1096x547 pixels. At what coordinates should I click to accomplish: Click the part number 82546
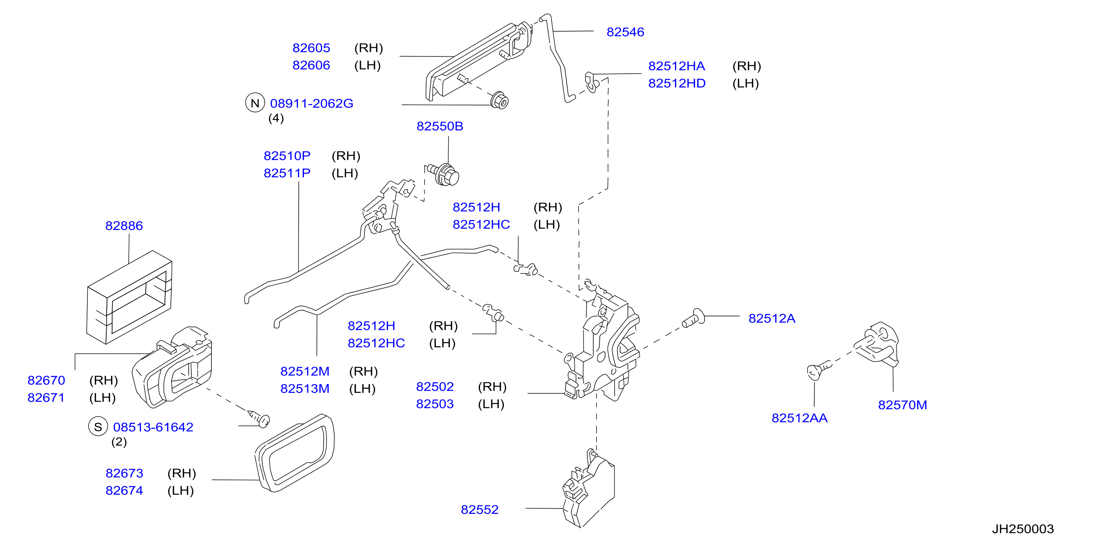click(625, 32)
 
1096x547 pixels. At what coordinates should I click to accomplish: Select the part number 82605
click(311, 48)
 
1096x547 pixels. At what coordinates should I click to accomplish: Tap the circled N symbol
click(255, 103)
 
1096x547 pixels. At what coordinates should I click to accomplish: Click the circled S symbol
click(98, 427)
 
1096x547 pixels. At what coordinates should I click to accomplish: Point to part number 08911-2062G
click(311, 103)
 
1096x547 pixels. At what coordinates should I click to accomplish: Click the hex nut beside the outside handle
click(499, 101)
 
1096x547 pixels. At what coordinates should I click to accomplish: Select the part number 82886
click(124, 226)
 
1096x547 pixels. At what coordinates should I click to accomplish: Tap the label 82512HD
click(677, 83)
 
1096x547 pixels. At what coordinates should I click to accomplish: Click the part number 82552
click(480, 510)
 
